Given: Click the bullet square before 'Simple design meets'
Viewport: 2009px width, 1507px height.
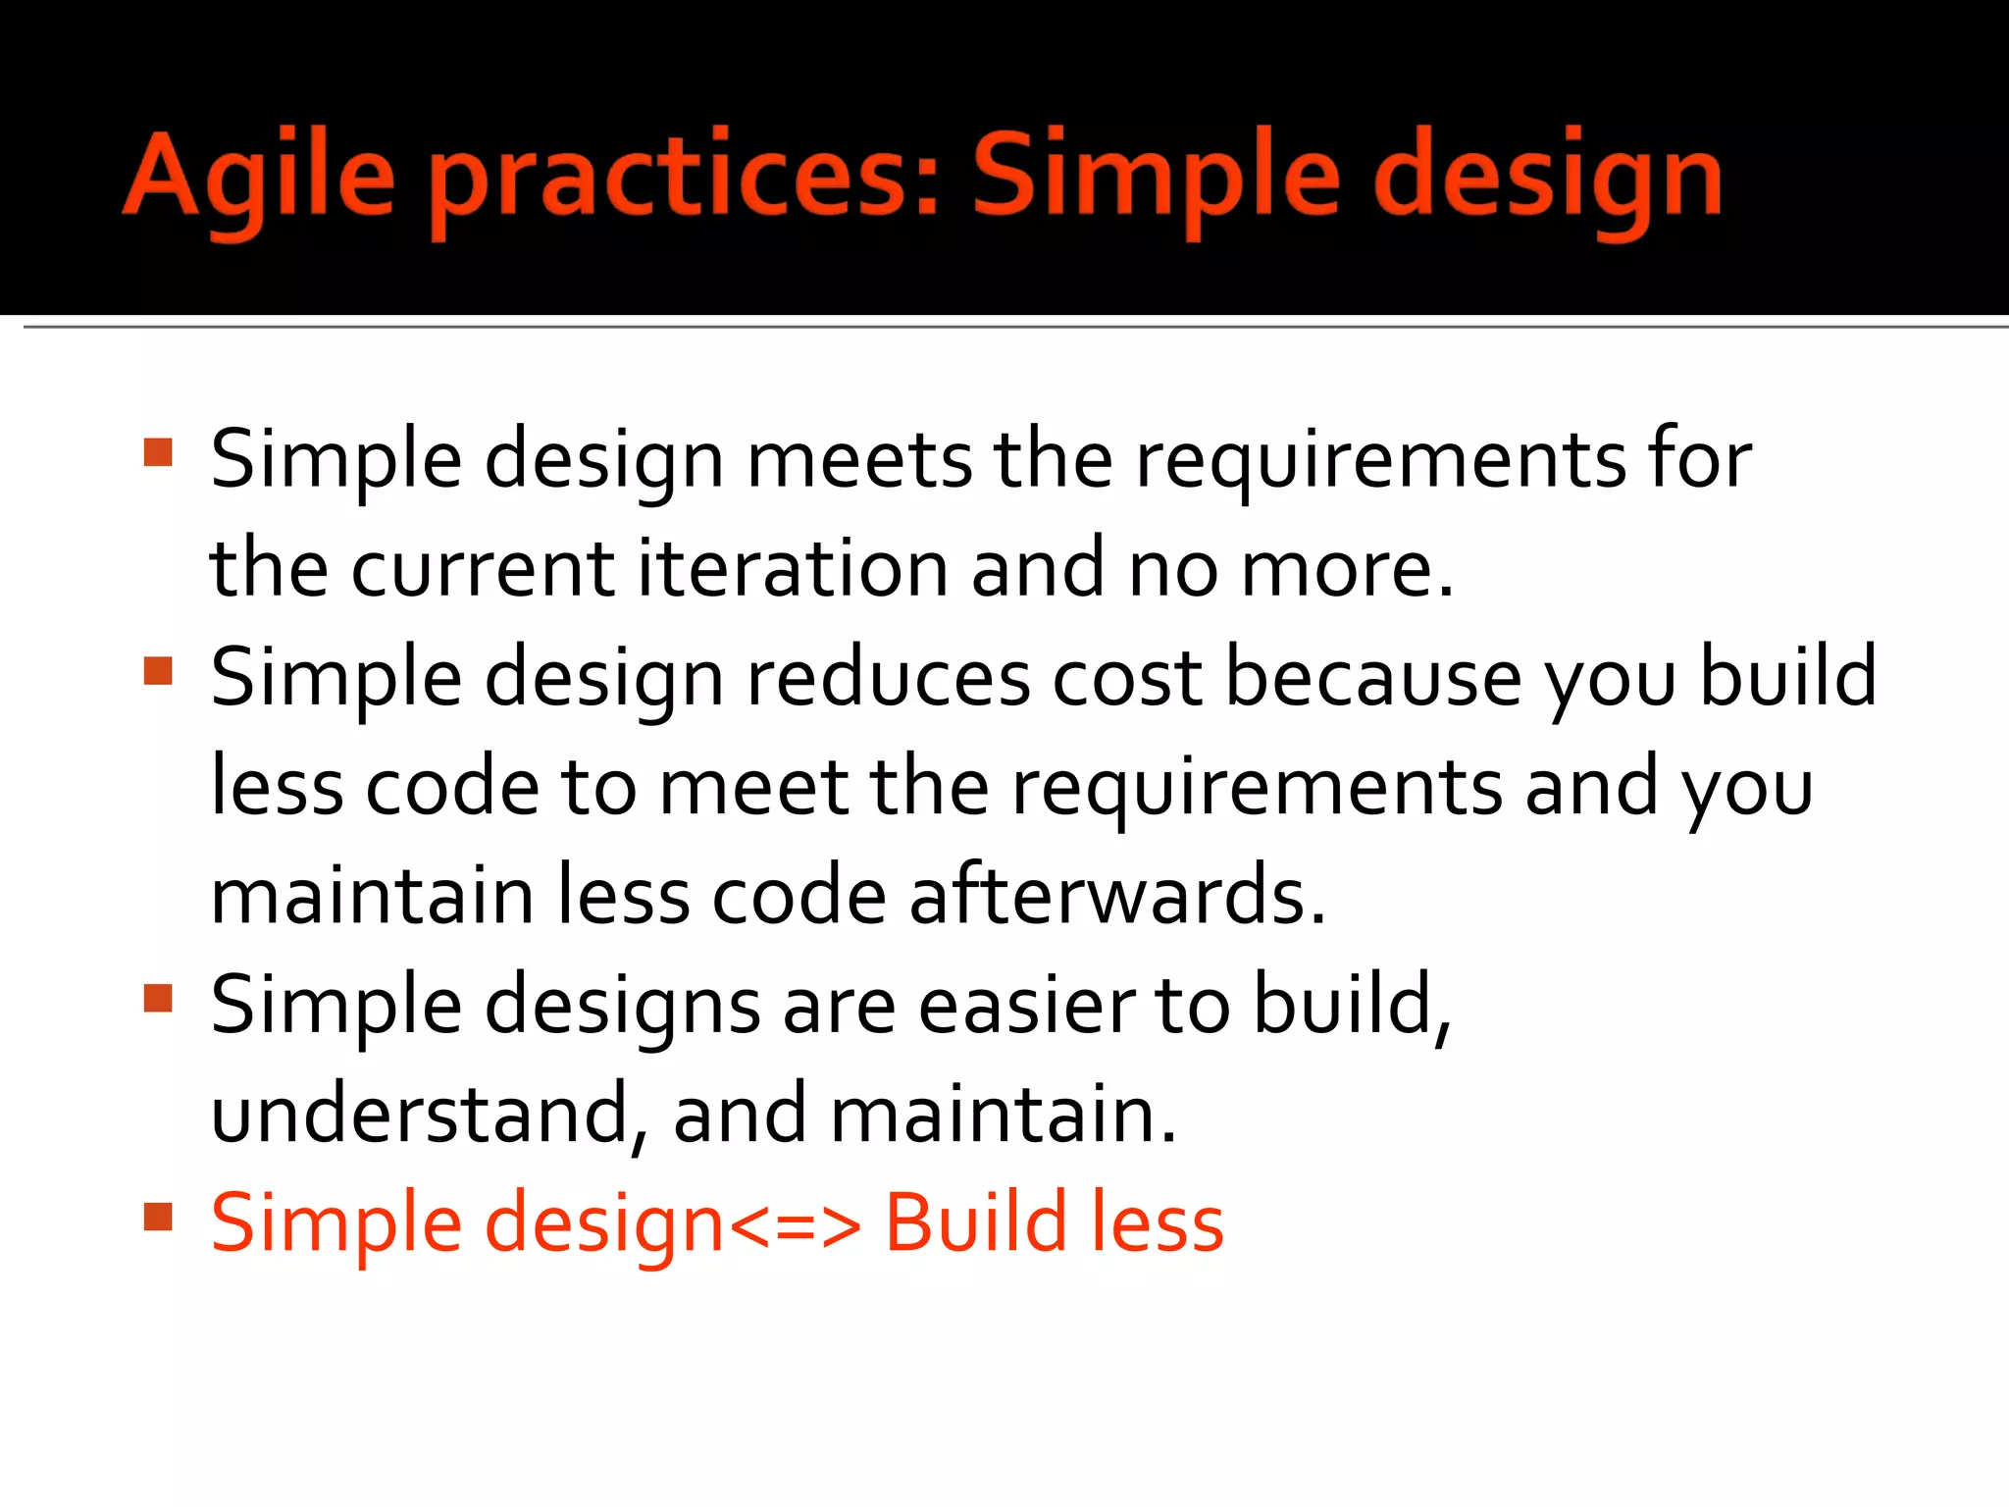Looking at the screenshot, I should click(158, 452).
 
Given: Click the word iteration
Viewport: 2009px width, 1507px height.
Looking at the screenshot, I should click(793, 568).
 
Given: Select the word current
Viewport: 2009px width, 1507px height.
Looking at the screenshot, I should click(483, 568).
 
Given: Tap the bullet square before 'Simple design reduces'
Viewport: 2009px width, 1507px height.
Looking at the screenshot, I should click(158, 671).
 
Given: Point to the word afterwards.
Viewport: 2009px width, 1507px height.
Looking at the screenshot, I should click(1117, 895).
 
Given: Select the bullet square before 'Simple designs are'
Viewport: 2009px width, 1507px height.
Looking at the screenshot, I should click(158, 998).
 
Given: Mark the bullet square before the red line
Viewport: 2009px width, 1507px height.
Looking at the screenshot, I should click(158, 1217).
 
